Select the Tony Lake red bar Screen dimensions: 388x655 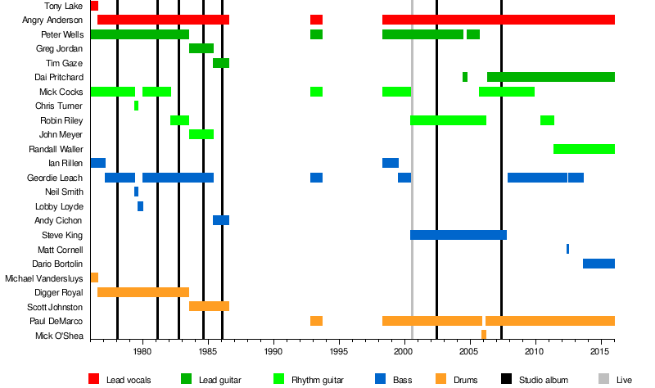(x=94, y=6)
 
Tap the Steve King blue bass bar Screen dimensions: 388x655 (x=458, y=235)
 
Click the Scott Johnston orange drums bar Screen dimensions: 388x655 (x=209, y=306)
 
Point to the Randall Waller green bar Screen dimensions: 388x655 (x=584, y=149)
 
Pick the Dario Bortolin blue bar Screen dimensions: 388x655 (x=599, y=264)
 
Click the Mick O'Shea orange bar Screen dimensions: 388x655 (x=484, y=334)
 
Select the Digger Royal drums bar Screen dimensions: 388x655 (x=143, y=292)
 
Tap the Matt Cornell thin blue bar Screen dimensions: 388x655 (x=567, y=249)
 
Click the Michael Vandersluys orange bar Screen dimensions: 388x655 (x=94, y=277)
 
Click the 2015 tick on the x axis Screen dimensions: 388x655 (x=602, y=352)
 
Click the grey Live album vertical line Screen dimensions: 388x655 (x=412, y=205)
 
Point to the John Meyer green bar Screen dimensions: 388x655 (x=201, y=134)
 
